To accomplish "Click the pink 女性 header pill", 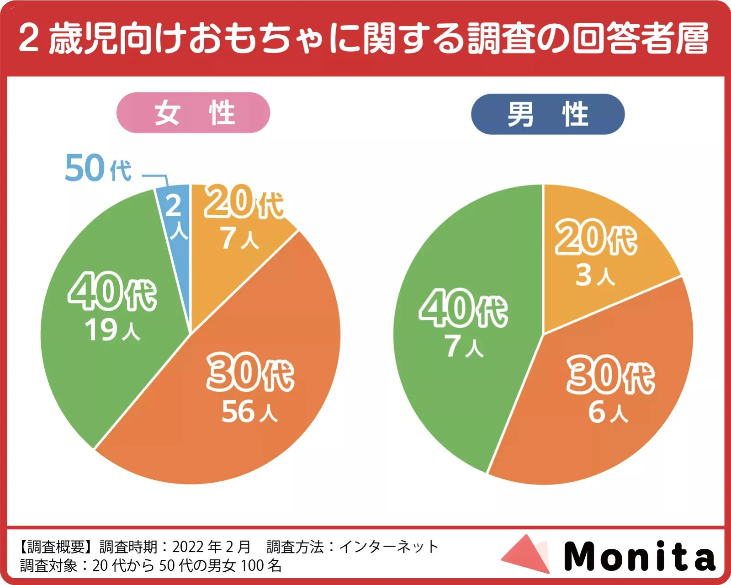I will (x=193, y=113).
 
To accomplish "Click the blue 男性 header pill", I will (x=547, y=114).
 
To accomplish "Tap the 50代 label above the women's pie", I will (x=98, y=168).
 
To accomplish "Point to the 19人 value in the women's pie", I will (x=112, y=330).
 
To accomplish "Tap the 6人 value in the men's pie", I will (x=608, y=412).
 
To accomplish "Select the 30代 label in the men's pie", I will (x=610, y=376).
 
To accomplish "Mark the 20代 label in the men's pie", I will (x=596, y=238).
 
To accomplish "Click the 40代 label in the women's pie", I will (x=112, y=292).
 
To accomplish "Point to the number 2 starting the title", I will (x=28, y=38).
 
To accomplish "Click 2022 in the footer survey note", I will (x=188, y=547).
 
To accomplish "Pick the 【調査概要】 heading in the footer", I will (x=57, y=547).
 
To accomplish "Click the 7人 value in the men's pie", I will (x=464, y=346).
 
